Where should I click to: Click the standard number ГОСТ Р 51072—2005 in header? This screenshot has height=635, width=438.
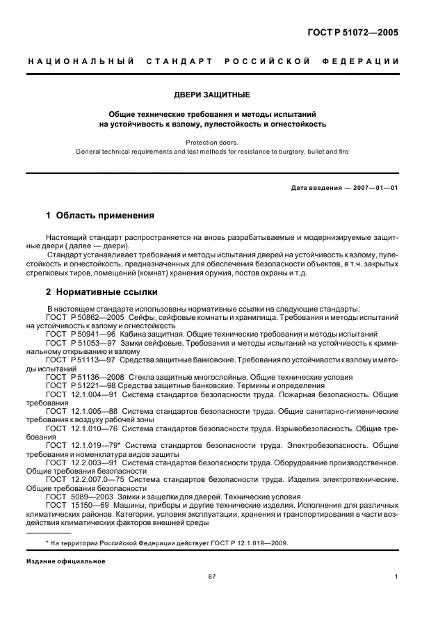click(x=356, y=32)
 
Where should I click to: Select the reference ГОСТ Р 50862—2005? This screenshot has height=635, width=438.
click(x=81, y=317)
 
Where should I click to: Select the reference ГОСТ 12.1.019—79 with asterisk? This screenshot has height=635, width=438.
click(x=83, y=444)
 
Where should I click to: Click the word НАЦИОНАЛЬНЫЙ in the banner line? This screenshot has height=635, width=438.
click(x=81, y=61)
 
